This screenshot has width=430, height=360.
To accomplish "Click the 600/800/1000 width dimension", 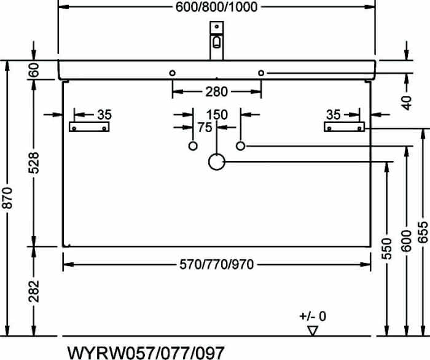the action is click(x=216, y=7).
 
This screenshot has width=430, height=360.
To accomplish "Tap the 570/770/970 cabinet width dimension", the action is click(x=216, y=265).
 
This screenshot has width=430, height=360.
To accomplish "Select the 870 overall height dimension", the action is click(x=7, y=198).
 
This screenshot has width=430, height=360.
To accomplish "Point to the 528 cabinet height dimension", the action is click(x=33, y=163).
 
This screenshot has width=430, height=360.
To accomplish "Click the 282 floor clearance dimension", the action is click(x=33, y=291).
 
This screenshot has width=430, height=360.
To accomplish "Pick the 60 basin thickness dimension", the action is click(x=33, y=69).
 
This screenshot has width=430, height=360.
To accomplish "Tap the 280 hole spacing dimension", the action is click(x=216, y=92).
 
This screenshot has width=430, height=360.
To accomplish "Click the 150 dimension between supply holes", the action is click(x=217, y=114).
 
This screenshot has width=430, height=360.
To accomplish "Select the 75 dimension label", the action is click(x=205, y=127).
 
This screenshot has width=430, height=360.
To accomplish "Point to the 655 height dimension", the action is click(x=423, y=232).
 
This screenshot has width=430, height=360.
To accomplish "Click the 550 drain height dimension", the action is click(x=387, y=249).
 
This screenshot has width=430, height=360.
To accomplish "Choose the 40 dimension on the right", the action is click(x=407, y=103).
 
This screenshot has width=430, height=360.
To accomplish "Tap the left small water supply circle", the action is click(x=193, y=146).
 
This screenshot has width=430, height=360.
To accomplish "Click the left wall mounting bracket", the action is click(x=89, y=127).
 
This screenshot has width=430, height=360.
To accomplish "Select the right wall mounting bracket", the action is click(x=344, y=127).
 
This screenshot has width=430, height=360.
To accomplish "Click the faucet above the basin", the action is click(x=217, y=41).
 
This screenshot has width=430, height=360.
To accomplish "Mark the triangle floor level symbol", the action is click(x=312, y=331).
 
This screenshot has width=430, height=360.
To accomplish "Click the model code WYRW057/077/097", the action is click(x=146, y=353).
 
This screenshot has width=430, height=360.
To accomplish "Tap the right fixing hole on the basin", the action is click(x=261, y=73).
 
